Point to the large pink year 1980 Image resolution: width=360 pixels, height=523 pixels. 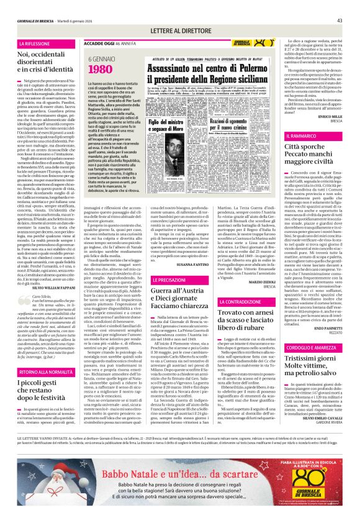(96, 68)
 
